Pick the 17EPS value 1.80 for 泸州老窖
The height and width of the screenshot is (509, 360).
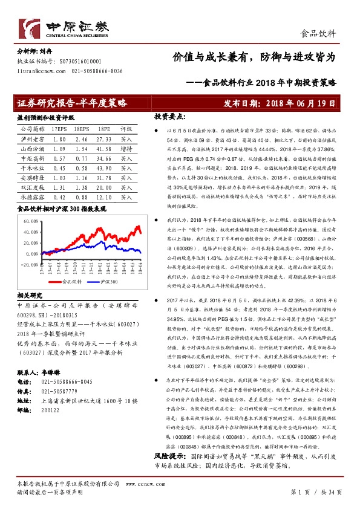[59, 138]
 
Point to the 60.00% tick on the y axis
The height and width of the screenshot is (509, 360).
[30, 221]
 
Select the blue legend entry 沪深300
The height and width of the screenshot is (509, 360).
[106, 281]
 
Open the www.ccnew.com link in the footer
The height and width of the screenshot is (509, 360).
[140, 484]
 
